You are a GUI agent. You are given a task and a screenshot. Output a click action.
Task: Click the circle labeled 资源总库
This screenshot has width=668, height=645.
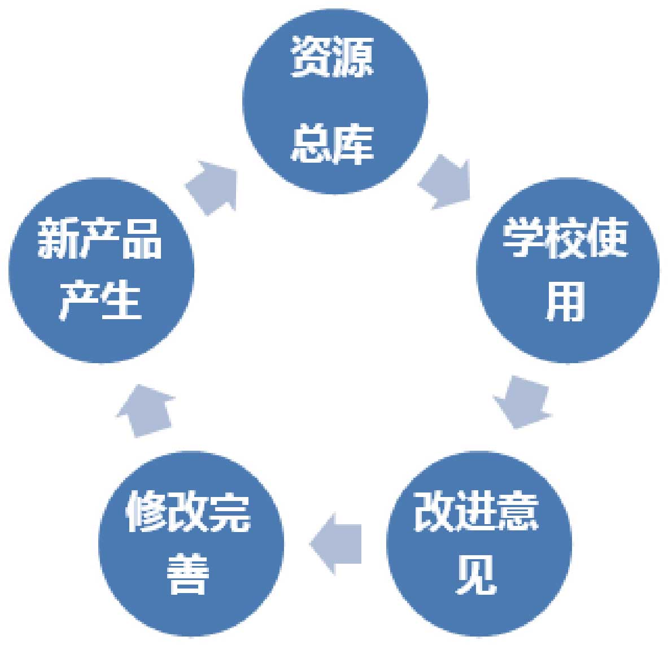pos(334,102)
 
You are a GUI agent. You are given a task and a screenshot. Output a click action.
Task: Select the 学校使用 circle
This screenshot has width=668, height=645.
pos(567,270)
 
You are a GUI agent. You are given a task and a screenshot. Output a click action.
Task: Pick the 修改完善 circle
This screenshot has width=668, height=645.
pos(191,543)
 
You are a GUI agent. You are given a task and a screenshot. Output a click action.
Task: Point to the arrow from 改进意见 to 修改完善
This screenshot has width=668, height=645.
pos(337,543)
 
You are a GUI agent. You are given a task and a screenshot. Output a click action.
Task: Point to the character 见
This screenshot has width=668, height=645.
pos(476,574)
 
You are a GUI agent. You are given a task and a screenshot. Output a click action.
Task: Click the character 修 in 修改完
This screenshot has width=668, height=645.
pos(146,512)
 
